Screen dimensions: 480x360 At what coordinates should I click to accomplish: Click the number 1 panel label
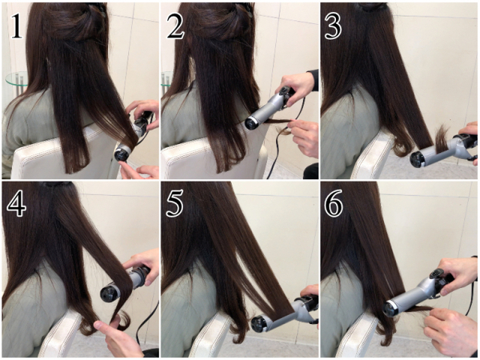17,26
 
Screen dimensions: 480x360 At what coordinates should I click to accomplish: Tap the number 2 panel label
175,26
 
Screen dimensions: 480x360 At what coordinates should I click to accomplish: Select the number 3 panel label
333,26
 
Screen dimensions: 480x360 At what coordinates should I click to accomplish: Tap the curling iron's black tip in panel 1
122,154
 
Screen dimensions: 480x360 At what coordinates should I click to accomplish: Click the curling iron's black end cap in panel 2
252,123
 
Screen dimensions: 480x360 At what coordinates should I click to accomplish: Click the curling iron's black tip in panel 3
418,159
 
